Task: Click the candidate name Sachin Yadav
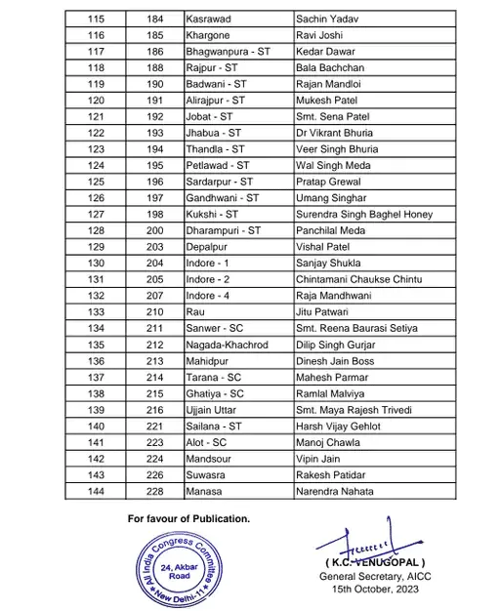pos(326,19)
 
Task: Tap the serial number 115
pos(97,19)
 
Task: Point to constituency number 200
pos(154,230)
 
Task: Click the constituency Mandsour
pos(211,457)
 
